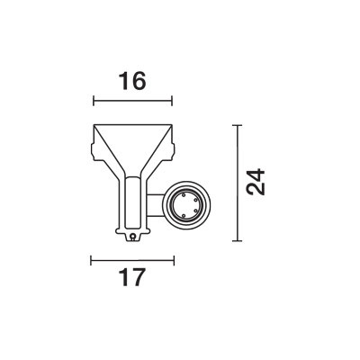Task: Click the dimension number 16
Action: click(x=132, y=81)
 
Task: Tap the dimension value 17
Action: click(x=132, y=277)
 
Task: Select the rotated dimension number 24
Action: click(x=256, y=182)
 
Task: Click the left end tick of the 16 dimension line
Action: click(x=94, y=101)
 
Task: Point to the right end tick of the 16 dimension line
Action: click(x=172, y=101)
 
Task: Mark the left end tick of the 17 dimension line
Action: click(x=91, y=260)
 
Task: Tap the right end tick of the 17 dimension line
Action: click(x=174, y=260)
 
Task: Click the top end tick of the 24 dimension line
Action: click(x=238, y=125)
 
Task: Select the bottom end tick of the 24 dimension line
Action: click(x=238, y=240)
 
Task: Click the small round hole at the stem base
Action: click(x=132, y=237)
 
